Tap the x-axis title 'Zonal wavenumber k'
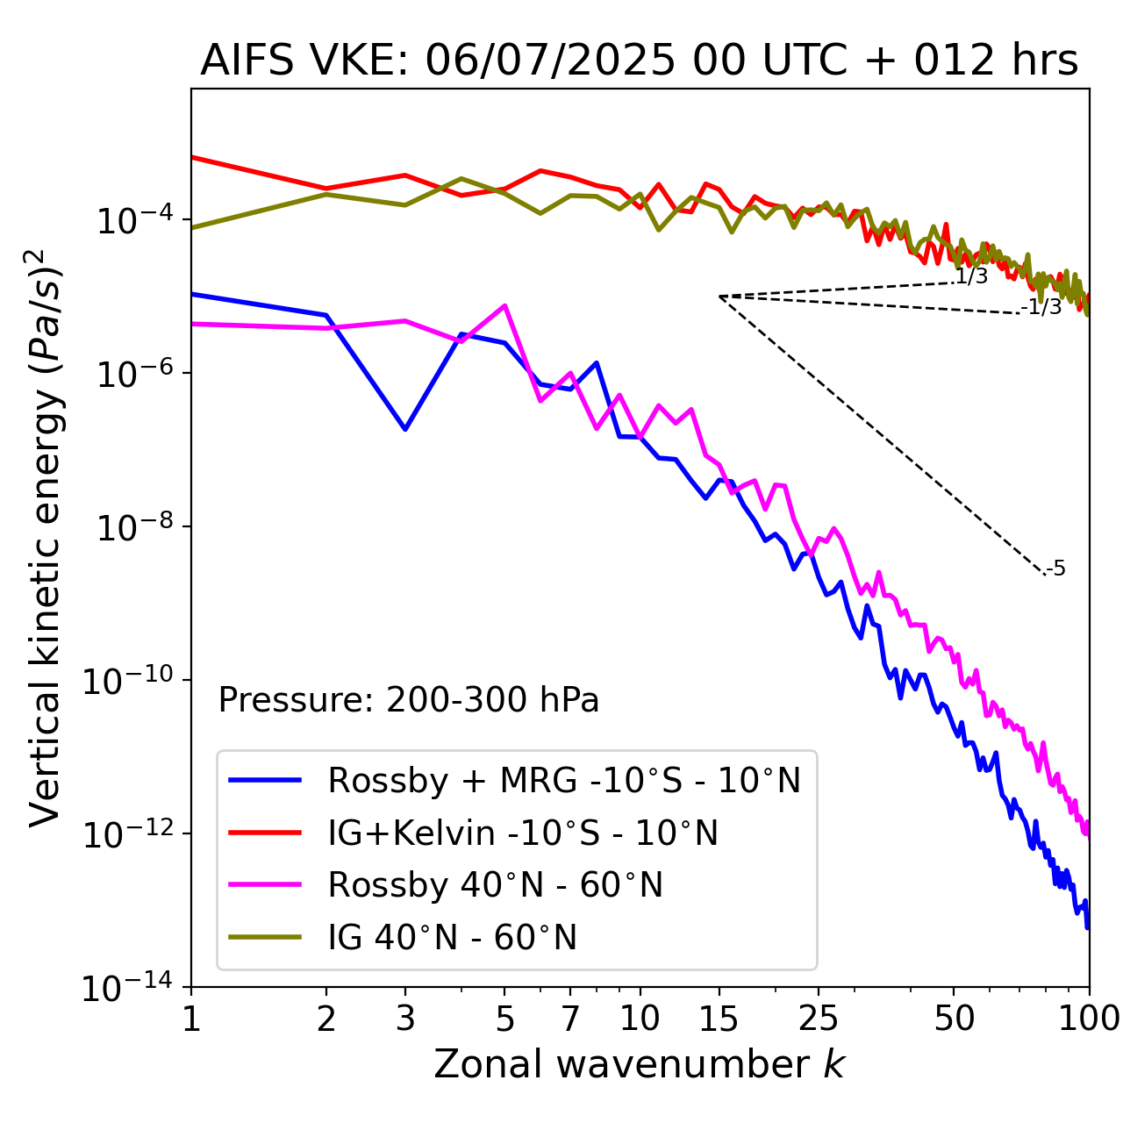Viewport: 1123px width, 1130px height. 639,1064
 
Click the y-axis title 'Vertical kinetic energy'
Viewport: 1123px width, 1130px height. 46,538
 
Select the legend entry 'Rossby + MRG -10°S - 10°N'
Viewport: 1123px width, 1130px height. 564,780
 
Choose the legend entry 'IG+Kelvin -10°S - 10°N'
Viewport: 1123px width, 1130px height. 523,833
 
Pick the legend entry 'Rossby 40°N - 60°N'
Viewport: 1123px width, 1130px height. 495,885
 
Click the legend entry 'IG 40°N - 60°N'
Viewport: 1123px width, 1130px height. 452,938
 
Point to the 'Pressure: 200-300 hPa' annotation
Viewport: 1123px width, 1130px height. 408,700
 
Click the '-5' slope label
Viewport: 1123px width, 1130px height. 1055,569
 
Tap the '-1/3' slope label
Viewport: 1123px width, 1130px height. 1041,307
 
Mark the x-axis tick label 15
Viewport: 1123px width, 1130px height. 719,1019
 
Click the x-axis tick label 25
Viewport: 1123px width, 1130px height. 819,1019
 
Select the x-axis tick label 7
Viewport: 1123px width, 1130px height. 570,1019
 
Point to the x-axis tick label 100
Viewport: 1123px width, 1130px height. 1088,1019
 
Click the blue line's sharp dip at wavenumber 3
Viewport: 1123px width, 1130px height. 405,429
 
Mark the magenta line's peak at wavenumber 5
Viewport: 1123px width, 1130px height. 504,305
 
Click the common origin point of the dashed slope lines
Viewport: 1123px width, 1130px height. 719,297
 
